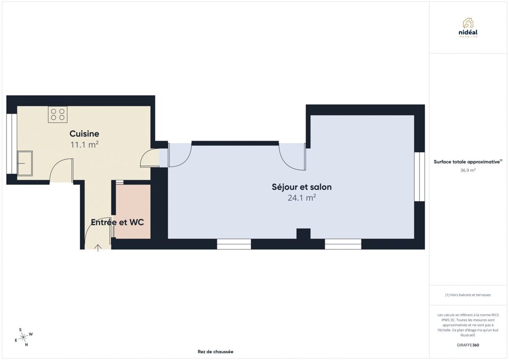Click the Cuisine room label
click(84, 133)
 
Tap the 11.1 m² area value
click(84, 145)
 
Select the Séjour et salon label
click(301, 187)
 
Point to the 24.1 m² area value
click(301, 198)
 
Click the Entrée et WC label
click(117, 223)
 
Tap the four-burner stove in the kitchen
click(58, 114)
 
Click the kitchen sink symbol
click(24, 163)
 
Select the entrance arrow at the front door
click(98, 248)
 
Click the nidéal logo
click(468, 28)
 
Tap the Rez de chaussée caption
click(215, 351)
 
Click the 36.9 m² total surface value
click(468, 170)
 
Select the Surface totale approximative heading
click(468, 161)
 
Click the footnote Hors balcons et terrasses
click(468, 295)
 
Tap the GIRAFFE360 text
click(468, 345)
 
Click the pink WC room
click(133, 212)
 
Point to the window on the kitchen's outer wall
click(12, 144)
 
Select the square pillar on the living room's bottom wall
click(303, 234)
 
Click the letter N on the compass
click(26, 345)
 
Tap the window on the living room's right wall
click(419, 177)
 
